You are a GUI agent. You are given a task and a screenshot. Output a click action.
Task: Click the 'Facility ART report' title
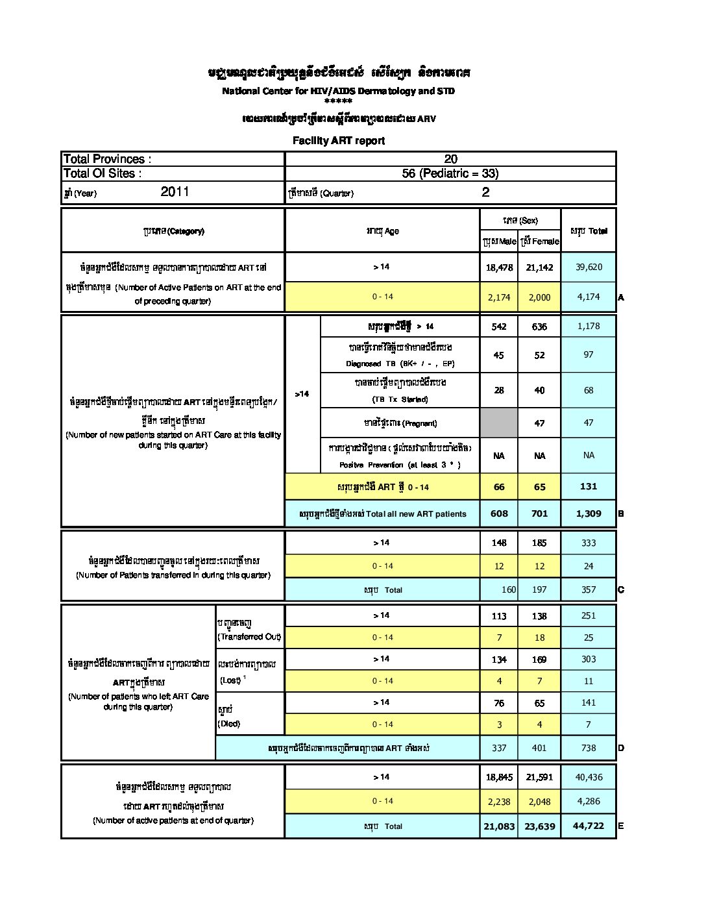338,140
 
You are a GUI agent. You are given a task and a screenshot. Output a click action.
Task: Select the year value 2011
175,191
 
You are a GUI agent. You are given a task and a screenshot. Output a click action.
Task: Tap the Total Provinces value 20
450,159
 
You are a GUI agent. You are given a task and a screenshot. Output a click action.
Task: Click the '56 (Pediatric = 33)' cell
450,173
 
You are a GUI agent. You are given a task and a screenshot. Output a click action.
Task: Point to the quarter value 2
485,192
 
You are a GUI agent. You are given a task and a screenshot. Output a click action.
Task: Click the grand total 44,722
588,826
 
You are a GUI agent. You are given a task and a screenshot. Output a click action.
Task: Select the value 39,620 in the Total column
588,267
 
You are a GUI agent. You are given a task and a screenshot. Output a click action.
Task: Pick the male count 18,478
499,267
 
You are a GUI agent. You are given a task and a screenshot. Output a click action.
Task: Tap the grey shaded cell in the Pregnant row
499,423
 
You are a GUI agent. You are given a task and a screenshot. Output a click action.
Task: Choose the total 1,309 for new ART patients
588,513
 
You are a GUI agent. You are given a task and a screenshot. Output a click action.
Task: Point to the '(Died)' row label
230,724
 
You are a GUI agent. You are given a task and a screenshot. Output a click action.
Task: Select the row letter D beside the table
621,748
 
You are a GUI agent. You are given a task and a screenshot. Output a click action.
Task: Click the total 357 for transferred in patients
588,589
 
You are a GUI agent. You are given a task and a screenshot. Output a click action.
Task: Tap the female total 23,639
539,826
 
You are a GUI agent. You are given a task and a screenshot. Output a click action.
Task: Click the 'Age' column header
383,231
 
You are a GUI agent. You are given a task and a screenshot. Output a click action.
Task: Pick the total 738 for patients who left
588,748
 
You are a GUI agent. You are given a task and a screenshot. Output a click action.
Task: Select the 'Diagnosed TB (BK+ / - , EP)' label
400,364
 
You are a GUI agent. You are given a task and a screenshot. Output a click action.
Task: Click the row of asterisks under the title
338,101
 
